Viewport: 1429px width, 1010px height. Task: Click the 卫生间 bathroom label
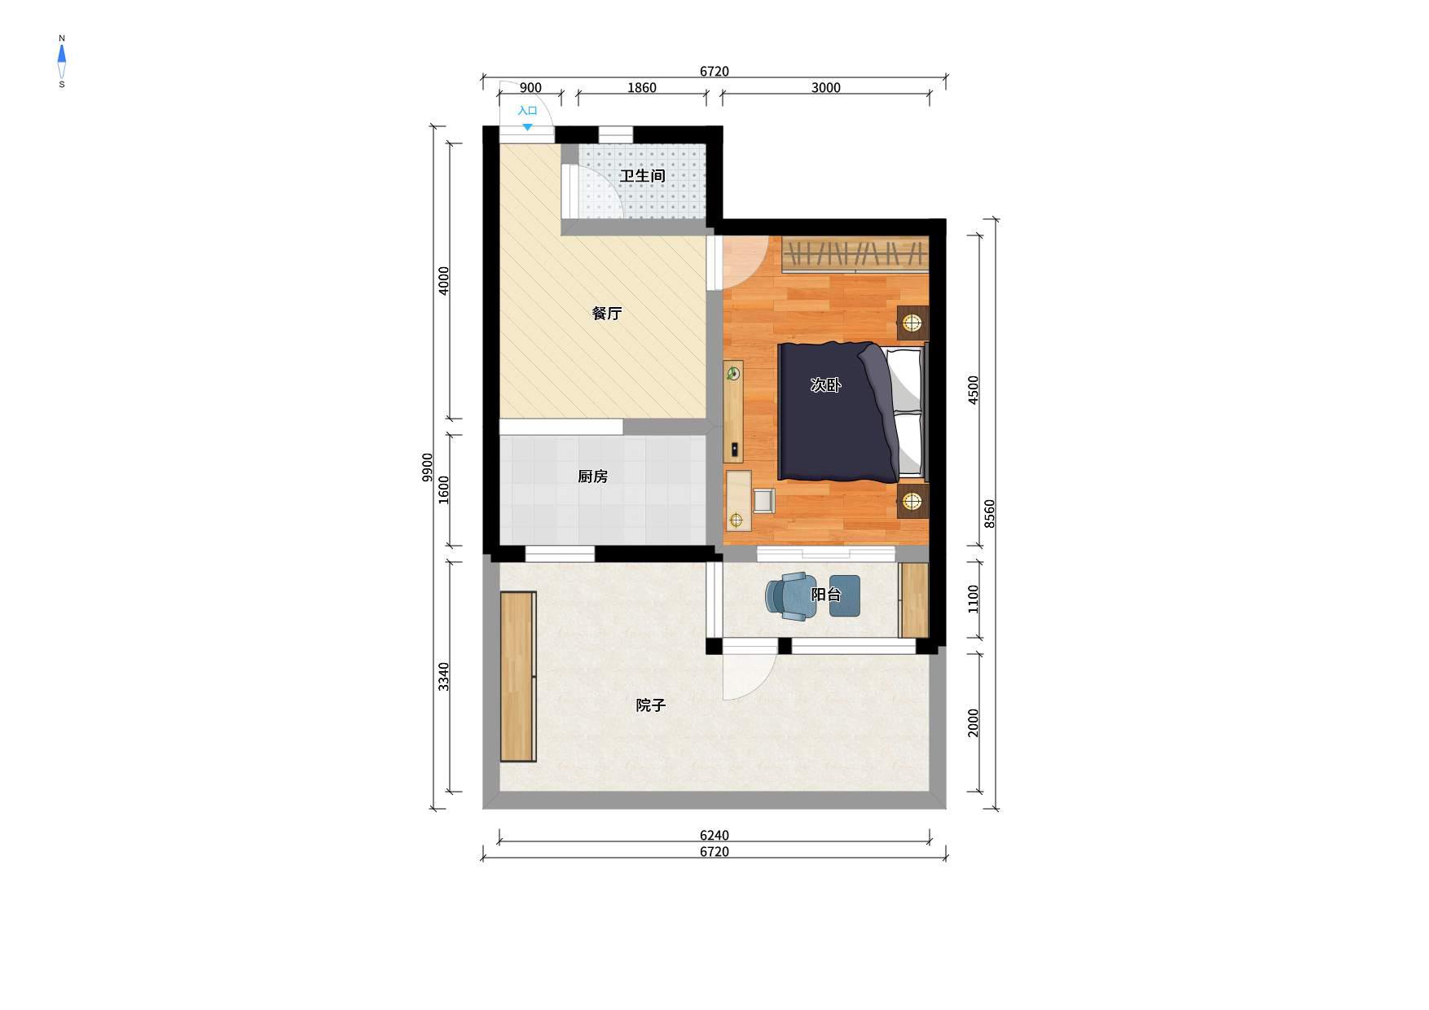(642, 176)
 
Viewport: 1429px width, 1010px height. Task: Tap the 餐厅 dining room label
(607, 314)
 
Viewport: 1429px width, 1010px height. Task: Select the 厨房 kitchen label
(592, 476)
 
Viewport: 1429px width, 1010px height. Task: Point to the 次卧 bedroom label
(825, 385)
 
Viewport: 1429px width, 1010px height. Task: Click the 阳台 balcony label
(825, 595)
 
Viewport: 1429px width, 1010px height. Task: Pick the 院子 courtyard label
(650, 705)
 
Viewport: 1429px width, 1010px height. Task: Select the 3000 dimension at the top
(825, 88)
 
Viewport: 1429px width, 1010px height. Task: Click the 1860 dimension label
(641, 88)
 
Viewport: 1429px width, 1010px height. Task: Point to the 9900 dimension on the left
(428, 468)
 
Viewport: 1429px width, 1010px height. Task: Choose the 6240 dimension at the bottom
(714, 836)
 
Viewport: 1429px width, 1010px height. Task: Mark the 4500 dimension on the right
(973, 390)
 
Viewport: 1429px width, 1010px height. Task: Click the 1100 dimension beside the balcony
(973, 599)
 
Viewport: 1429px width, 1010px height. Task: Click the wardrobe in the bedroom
(855, 254)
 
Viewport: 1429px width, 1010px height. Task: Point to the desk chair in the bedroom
(764, 500)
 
